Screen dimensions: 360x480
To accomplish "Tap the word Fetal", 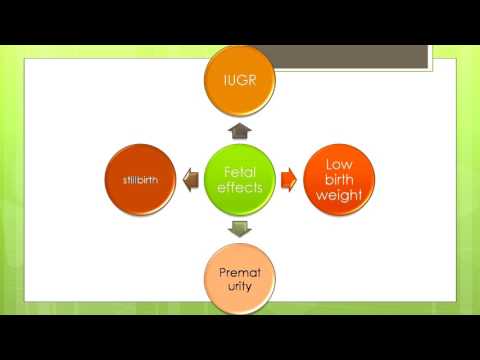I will click(x=242, y=171).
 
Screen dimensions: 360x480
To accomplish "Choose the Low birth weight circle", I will click(x=338, y=179).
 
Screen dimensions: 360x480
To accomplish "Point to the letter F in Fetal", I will click(x=226, y=171).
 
